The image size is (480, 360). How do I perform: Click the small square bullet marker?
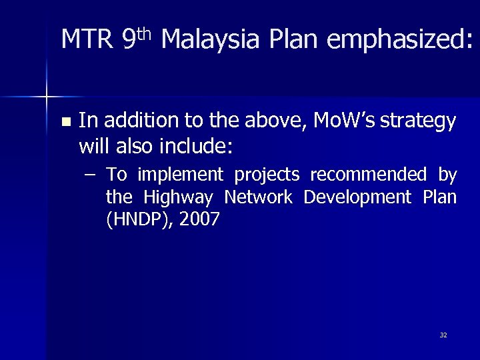pos(65,122)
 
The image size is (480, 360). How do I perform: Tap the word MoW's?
pos(335,121)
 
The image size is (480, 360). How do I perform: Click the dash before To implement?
pos(90,175)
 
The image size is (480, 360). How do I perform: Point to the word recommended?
pos(369,175)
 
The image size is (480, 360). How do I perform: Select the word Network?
pos(258,197)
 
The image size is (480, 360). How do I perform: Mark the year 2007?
pos(197,220)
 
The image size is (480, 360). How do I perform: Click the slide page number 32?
pos(443,335)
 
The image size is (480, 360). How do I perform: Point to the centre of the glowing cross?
pos(47,97)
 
